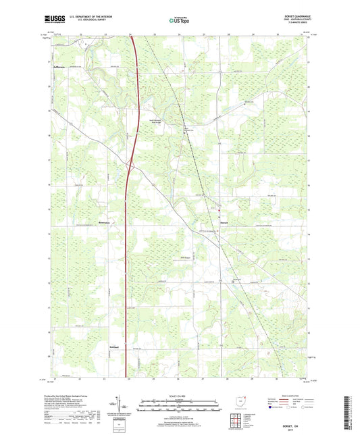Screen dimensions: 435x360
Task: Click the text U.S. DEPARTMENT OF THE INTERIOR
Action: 93,18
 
